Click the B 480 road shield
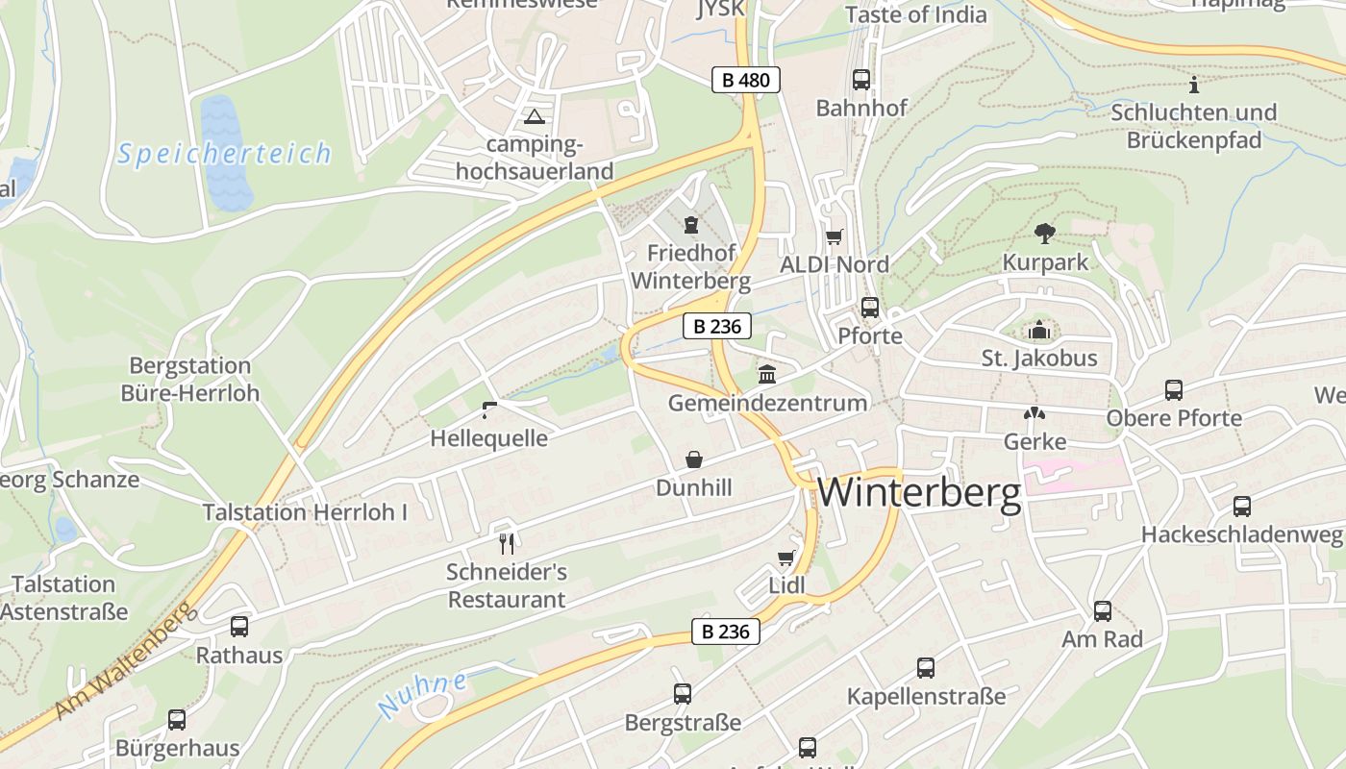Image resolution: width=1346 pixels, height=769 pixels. pos(745,80)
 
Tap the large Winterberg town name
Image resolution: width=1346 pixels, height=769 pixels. pos(919,493)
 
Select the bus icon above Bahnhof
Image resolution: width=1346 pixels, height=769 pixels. pos(861,80)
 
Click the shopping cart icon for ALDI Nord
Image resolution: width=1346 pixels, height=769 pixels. pos(834,236)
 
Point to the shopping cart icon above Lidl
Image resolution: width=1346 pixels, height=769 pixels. pos(786,558)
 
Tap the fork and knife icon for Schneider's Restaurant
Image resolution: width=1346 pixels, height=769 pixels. pos(507,544)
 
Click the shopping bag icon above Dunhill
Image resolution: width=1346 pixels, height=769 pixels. pos(693,460)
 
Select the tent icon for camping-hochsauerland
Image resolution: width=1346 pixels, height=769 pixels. pos(534,117)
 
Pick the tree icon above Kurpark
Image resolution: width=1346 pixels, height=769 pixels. pos(1045,233)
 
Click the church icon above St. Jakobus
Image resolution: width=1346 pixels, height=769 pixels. pos(1039,331)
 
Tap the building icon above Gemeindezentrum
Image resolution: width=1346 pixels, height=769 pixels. pos(767,374)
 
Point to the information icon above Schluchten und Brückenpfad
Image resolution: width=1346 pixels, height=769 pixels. pos(1194,85)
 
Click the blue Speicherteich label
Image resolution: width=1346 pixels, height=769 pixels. pos(225,154)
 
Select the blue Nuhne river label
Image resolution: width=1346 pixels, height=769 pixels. pos(423,694)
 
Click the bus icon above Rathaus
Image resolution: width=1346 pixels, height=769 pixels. pos(239,627)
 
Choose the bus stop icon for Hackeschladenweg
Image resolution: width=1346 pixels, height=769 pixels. pos(1242,506)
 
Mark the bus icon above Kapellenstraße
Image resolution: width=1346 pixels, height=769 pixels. pos(926,667)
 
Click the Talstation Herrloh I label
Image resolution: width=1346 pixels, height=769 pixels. pos(305,512)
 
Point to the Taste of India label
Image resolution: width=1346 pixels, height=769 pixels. pos(915,14)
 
